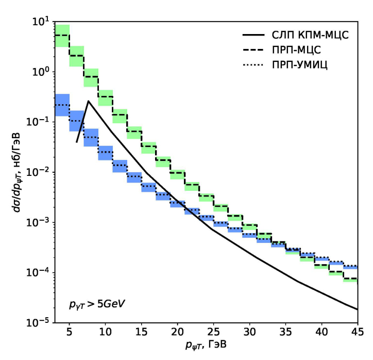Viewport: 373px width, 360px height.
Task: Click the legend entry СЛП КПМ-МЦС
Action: click(x=309, y=36)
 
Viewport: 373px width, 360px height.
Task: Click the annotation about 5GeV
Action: click(x=97, y=304)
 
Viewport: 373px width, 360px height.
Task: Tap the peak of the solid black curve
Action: click(x=88, y=101)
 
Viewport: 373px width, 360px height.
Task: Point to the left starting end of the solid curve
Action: click(x=76, y=141)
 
